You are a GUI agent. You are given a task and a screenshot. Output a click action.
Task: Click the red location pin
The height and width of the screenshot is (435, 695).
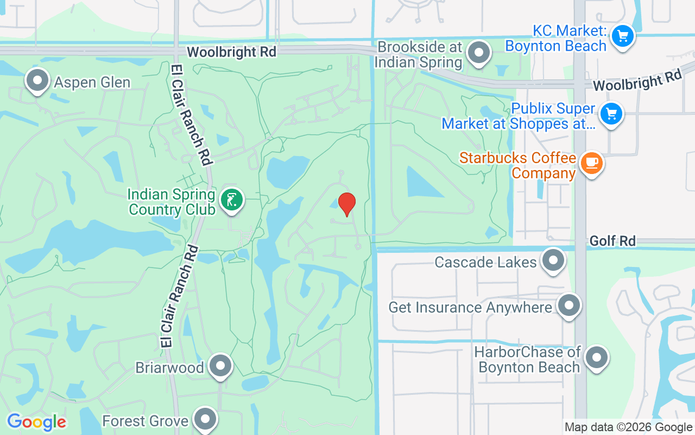[x=346, y=204]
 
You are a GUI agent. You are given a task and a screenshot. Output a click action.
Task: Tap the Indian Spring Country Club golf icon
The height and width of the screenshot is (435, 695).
[x=232, y=201]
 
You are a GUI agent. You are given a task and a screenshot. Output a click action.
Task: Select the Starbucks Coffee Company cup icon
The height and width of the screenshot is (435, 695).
[x=591, y=163]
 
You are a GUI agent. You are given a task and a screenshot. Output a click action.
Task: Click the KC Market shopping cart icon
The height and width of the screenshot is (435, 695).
[x=622, y=37]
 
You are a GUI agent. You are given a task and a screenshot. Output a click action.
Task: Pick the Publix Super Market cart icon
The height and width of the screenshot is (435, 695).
[x=611, y=114]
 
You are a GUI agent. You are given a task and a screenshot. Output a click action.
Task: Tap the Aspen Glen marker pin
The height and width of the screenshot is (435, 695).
[x=37, y=80]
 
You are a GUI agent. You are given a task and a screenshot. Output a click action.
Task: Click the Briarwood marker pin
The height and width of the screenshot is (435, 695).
[x=220, y=366]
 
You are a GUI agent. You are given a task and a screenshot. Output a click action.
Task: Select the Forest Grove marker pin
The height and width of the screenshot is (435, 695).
[x=205, y=419]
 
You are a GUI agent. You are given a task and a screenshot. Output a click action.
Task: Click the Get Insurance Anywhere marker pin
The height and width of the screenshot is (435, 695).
[x=569, y=306]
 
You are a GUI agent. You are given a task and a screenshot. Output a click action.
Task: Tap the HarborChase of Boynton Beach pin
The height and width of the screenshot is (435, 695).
[x=597, y=358]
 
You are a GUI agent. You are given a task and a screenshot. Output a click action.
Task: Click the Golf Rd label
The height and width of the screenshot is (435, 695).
[x=612, y=241]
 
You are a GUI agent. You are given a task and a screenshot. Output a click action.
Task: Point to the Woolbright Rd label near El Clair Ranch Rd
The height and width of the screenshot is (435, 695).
[x=231, y=52]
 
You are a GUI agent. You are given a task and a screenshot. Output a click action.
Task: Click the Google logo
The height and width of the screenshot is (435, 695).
[x=36, y=422]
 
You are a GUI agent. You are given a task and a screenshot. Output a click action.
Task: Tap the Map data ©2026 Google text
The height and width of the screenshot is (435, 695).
[x=628, y=427]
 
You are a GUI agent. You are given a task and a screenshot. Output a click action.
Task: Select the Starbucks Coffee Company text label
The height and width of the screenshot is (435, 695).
[x=517, y=165]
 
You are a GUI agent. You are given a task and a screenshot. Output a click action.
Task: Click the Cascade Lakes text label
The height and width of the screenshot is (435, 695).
[x=485, y=263]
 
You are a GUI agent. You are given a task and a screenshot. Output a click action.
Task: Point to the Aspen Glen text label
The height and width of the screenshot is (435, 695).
[x=92, y=83]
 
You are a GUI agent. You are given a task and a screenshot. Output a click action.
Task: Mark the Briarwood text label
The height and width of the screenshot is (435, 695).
[x=169, y=368]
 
